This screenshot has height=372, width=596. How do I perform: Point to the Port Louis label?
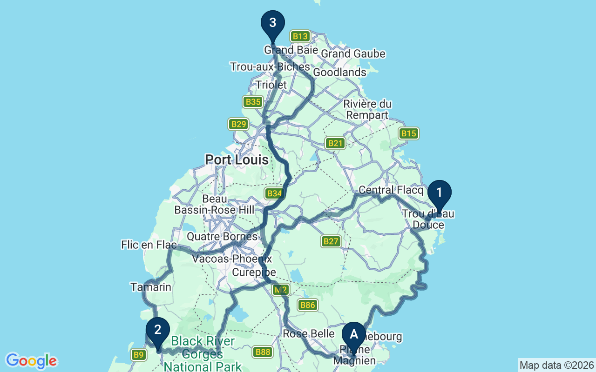point(237,160)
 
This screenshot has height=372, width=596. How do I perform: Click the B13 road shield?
point(300,36)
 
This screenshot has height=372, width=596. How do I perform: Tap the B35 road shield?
point(253,102)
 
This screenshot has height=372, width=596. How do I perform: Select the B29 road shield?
point(238,124)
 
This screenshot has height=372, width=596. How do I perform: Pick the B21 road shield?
point(335,143)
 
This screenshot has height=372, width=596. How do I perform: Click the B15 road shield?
point(408,133)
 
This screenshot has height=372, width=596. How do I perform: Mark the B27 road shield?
point(331,241)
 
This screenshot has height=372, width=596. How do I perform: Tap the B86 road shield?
point(307,305)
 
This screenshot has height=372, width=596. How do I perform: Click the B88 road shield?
point(263,352)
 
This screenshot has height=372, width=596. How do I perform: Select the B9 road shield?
point(138,355)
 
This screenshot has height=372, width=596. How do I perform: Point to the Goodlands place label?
point(339,73)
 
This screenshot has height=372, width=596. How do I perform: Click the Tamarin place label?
point(151,287)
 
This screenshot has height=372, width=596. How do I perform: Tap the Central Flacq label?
point(391,190)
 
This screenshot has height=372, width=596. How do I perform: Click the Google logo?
point(31,361)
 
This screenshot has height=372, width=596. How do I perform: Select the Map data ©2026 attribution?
point(556,365)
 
